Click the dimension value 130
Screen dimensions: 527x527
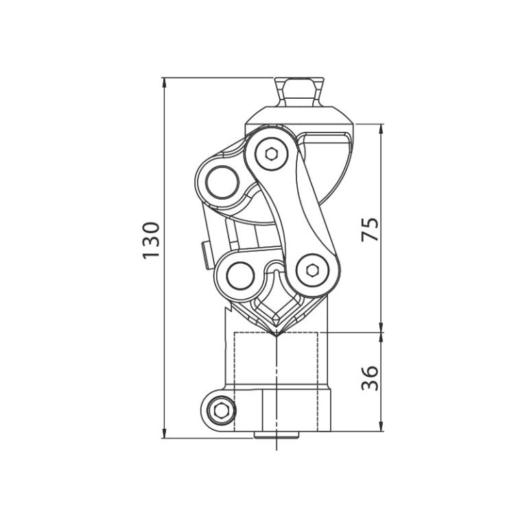[x=151, y=240]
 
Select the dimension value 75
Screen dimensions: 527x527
[x=370, y=229]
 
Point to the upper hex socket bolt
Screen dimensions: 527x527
[x=272, y=154]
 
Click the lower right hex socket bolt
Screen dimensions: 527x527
[x=312, y=270]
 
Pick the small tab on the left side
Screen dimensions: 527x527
[x=205, y=255]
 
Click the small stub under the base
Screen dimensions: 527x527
[x=276, y=435]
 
